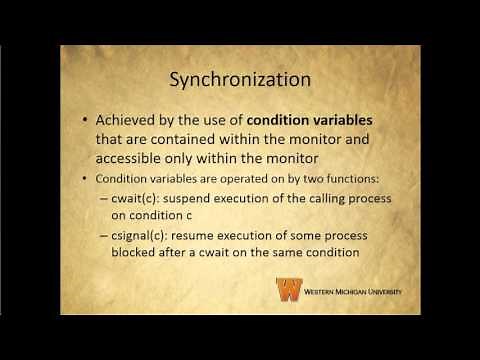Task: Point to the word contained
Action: [216, 141]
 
